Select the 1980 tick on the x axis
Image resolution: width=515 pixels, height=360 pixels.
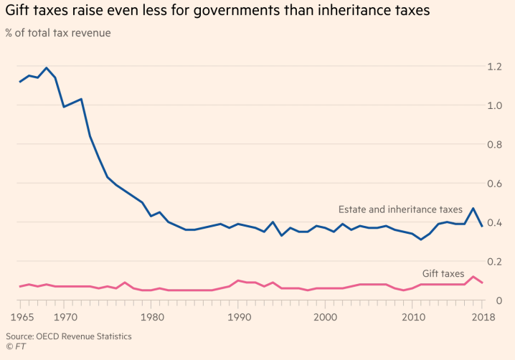[x=151, y=317]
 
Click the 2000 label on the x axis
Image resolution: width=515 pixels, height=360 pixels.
[x=325, y=317]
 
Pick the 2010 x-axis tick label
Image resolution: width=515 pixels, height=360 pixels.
[x=412, y=317]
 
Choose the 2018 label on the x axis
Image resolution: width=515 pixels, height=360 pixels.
[x=482, y=317]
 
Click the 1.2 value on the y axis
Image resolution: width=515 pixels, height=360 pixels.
[x=495, y=67]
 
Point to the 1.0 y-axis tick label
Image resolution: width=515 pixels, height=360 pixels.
[x=495, y=105]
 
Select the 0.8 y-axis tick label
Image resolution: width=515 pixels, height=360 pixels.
[x=495, y=145]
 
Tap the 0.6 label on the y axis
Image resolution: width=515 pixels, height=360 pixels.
[x=495, y=184]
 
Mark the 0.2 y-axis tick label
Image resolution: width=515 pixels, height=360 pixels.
[x=495, y=262]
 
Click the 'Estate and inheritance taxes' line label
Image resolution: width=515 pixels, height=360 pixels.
[x=400, y=209]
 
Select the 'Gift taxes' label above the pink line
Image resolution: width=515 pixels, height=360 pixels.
[x=443, y=273]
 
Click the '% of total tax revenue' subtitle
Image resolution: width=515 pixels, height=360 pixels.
[x=58, y=33]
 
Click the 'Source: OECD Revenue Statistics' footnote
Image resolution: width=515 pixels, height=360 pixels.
[x=69, y=336]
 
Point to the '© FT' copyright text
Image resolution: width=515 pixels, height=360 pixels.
[x=15, y=347]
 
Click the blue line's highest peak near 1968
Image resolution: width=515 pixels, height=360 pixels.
[x=46, y=68]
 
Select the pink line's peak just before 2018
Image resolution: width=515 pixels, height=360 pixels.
[x=473, y=277]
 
